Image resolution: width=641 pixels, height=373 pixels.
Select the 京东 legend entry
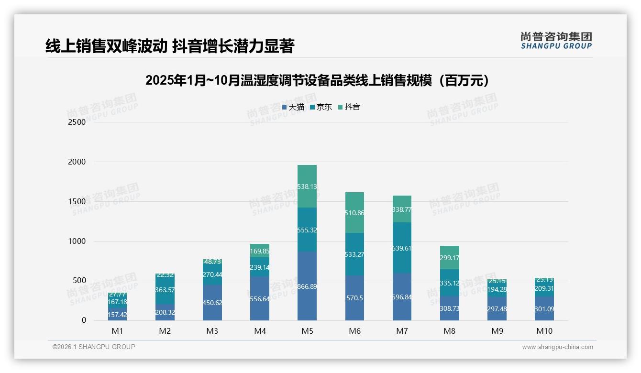click(321, 107)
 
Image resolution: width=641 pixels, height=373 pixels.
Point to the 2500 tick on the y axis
click(77, 122)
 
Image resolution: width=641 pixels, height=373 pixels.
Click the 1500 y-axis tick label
click(77, 201)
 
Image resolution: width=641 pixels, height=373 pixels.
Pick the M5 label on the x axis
click(307, 331)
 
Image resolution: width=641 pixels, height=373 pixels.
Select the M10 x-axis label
click(544, 331)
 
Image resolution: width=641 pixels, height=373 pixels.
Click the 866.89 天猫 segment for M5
click(307, 286)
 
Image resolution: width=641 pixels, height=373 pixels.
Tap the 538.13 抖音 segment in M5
click(307, 186)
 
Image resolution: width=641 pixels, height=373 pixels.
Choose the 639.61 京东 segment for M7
click(402, 248)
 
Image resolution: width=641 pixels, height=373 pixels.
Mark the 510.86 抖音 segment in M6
click(354, 213)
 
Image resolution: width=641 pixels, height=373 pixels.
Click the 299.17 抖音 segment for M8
click(449, 258)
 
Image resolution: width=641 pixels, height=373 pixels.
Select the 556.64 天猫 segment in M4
click(260, 298)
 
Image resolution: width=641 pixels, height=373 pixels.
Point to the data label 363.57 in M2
click(165, 290)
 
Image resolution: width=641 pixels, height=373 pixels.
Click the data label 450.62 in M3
click(212, 303)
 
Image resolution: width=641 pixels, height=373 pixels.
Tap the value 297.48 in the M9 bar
click(497, 309)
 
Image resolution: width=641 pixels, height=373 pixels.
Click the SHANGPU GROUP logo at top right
click(556, 41)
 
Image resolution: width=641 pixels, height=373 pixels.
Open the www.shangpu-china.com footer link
click(557, 347)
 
